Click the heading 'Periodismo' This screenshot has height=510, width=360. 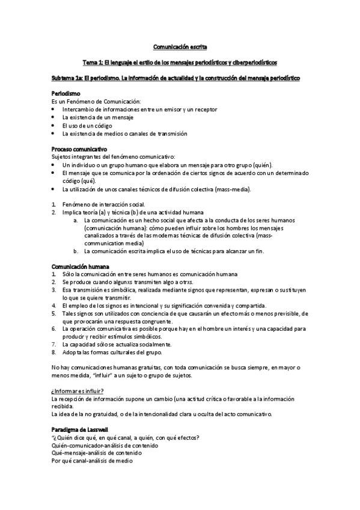[x=66, y=94]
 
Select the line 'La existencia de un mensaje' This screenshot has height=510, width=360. [x=98, y=117]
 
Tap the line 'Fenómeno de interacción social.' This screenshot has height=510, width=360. [x=103, y=204]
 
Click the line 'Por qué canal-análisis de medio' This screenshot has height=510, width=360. [x=92, y=461]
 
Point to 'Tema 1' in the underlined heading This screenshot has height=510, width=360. [x=93, y=62]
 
